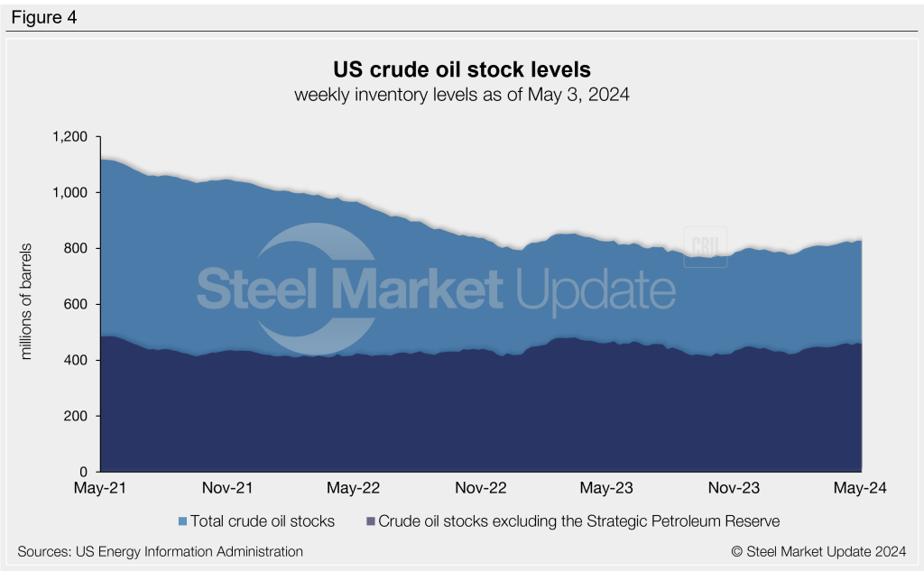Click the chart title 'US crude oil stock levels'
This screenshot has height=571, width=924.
[x=461, y=69]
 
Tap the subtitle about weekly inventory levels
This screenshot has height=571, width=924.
[x=461, y=95]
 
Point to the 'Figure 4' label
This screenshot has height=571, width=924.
[x=43, y=17]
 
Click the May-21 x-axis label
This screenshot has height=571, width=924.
[x=100, y=488]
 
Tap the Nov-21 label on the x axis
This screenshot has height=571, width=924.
[x=227, y=488]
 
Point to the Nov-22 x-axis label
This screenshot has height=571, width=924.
[x=481, y=488]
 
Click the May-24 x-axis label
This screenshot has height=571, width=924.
[x=861, y=488]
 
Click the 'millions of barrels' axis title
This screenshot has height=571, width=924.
[x=27, y=301]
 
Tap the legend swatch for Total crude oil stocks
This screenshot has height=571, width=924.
[x=183, y=521]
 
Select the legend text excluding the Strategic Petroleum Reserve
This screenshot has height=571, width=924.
[x=578, y=520]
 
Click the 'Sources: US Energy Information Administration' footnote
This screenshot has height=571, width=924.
[x=160, y=550]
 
